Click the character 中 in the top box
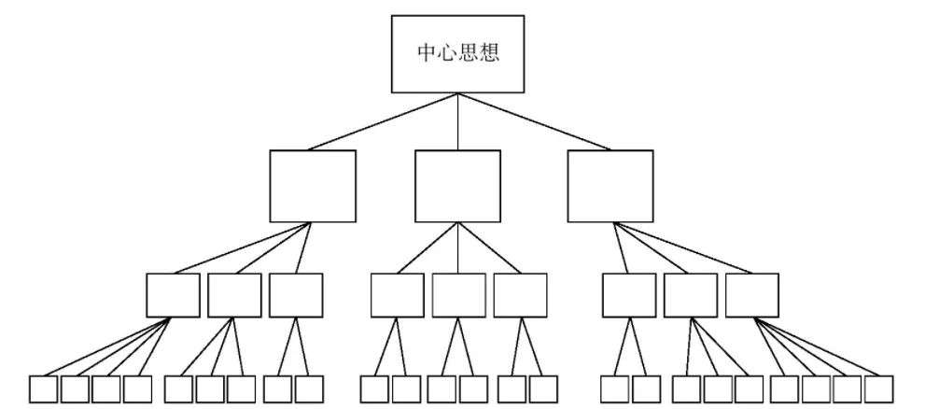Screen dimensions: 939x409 point(427,52)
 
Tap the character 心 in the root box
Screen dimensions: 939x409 point(447,52)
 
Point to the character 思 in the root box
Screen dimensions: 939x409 point(469,52)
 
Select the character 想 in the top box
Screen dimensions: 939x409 point(489,52)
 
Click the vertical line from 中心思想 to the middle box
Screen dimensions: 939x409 point(457,121)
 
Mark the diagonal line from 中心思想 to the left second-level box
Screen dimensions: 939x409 point(383,121)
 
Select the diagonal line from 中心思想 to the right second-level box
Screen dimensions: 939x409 point(534,121)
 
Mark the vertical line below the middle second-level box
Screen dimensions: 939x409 point(458,247)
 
